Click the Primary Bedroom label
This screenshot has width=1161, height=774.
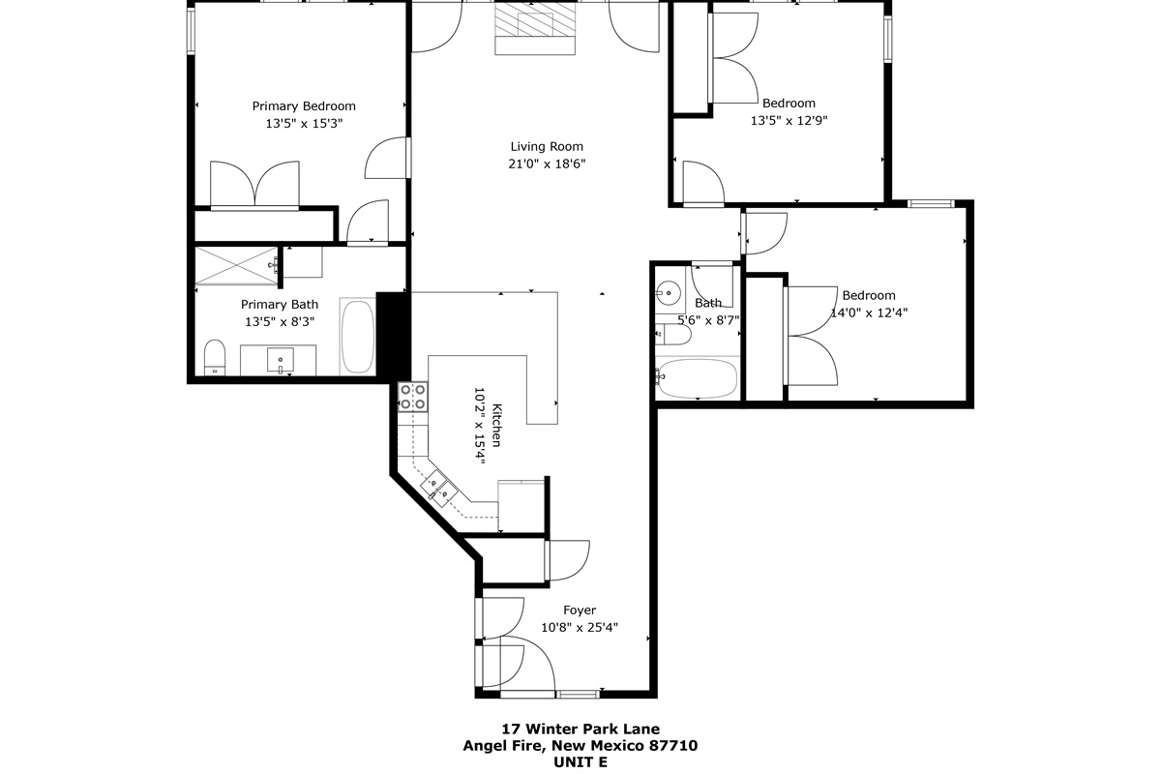pyautogui.click(x=304, y=106)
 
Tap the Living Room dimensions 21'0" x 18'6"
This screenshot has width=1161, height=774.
pyautogui.click(x=547, y=164)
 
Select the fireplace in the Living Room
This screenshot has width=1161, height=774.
pyautogui.click(x=535, y=28)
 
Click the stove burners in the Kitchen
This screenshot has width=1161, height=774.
pyautogui.click(x=412, y=397)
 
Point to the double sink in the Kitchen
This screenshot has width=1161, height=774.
pyautogui.click(x=439, y=488)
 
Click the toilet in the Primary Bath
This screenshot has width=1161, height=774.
pyautogui.click(x=215, y=357)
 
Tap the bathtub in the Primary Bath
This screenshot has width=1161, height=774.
pyautogui.click(x=358, y=337)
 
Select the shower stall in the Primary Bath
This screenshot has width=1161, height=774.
pyautogui.click(x=236, y=266)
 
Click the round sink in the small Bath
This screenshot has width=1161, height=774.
pyautogui.click(x=668, y=292)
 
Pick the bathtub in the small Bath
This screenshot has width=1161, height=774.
pyautogui.click(x=698, y=378)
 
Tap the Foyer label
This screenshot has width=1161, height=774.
pyautogui.click(x=580, y=610)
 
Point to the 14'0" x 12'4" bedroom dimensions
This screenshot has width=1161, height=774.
pyautogui.click(x=869, y=313)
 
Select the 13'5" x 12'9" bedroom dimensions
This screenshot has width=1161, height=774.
pyautogui.click(x=789, y=120)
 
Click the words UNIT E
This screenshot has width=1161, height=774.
pyautogui.click(x=580, y=762)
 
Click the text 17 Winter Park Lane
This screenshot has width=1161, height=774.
pyautogui.click(x=580, y=729)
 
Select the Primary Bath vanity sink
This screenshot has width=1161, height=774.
pyautogui.click(x=280, y=360)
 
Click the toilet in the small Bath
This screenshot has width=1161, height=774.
pyautogui.click(x=672, y=335)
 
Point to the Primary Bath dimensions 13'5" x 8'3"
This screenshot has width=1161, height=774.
pyautogui.click(x=280, y=322)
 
